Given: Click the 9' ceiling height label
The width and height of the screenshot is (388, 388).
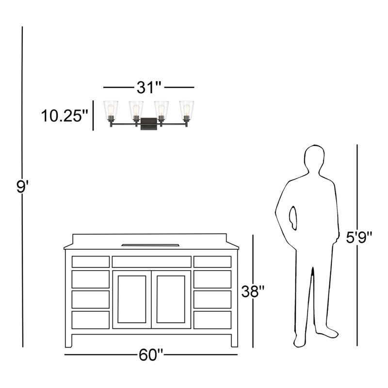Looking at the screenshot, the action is pos(23,186).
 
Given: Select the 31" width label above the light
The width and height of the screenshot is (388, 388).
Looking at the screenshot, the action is pos(149,87).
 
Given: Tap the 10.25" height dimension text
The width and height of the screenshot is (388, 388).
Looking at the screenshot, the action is pos(65,116).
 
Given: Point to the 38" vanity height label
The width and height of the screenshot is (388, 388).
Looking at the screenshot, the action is pos(253,291).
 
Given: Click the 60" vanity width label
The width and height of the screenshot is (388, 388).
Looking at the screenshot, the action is pos(151,355).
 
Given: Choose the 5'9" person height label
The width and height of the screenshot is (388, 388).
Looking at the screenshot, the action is pos(359,237).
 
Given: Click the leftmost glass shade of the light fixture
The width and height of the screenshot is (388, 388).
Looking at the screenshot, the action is pos(111,108).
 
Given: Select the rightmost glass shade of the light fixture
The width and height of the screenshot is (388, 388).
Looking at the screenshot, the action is pos(187,108).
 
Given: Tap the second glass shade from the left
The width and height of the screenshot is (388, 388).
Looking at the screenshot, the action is pos(136,108).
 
